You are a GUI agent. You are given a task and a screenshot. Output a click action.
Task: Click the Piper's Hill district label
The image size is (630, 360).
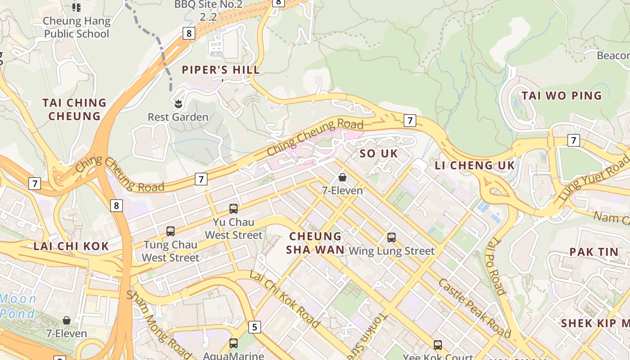[x=220, y=70]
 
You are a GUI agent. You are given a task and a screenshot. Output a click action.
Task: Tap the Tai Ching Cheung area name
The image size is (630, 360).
[x=74, y=109]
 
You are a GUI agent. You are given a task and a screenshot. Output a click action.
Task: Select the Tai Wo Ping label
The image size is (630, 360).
[x=561, y=95]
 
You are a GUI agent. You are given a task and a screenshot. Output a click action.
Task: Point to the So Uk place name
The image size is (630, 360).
[x=379, y=153]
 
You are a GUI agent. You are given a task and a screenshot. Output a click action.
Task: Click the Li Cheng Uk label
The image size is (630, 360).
[x=474, y=165]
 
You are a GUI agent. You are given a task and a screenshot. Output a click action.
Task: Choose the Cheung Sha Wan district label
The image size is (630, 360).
[x=315, y=243]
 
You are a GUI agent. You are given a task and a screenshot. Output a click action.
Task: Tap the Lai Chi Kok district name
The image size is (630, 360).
[x=71, y=246]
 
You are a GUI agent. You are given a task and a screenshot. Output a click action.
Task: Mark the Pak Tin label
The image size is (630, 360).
[x=594, y=252]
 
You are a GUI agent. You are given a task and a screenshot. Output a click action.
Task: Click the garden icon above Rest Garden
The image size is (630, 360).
[x=178, y=104]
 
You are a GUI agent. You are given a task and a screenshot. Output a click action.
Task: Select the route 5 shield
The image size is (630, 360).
[x=255, y=327]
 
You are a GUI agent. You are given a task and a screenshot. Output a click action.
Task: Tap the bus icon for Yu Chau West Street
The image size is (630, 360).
[x=233, y=208]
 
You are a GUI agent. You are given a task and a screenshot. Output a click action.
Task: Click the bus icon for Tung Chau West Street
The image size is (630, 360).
[x=170, y=231]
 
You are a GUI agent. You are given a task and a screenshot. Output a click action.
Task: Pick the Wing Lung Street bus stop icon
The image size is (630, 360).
[x=391, y=237]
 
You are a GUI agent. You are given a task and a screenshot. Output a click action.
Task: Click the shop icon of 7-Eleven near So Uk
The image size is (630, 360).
[x=342, y=177]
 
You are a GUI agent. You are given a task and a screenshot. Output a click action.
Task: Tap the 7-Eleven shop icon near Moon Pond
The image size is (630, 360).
[x=67, y=320]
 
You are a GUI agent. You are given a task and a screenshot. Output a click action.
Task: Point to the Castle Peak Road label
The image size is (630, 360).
[x=474, y=308]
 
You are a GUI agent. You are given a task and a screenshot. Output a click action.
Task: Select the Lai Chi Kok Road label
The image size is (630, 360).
[x=284, y=299]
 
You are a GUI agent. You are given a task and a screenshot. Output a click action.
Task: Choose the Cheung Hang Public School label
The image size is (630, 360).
[x=76, y=27]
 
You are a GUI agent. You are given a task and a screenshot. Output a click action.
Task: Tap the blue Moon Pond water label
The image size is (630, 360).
[x=18, y=306]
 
